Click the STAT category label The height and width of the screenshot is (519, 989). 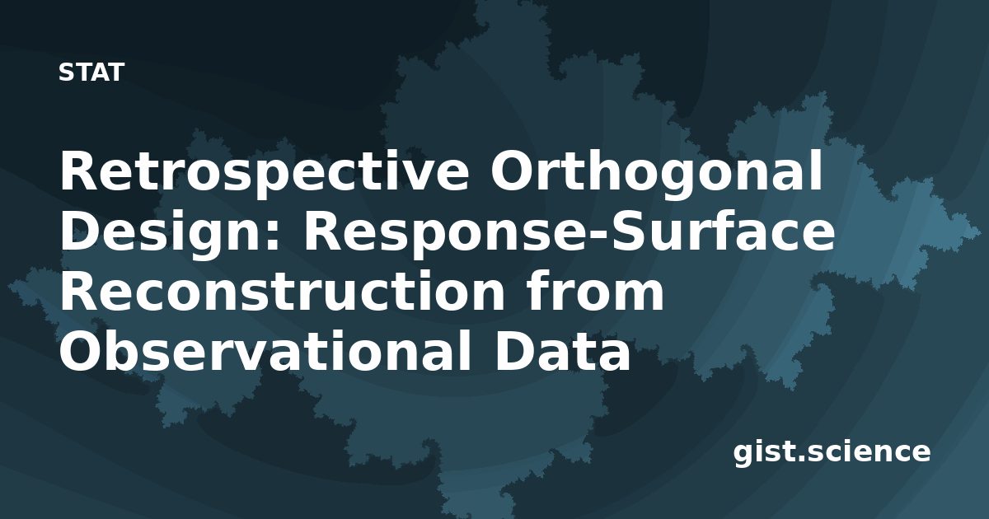(91, 72)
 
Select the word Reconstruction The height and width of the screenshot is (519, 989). (283, 292)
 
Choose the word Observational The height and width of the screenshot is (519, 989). (265, 350)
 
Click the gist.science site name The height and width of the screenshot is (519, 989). (832, 452)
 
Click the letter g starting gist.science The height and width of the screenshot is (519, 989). (743, 456)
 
